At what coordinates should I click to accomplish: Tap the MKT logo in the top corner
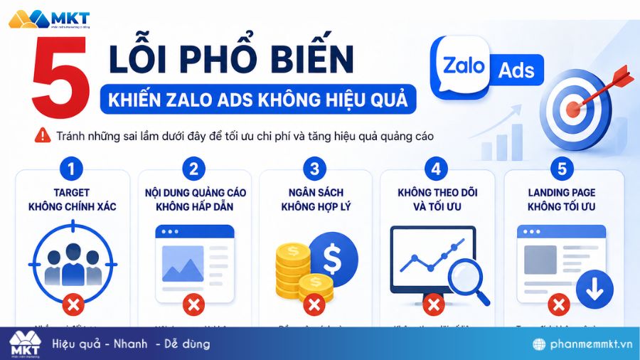[x=44, y=19]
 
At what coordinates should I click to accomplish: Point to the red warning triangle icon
[x=43, y=134]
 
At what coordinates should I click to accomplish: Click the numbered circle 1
[x=72, y=169]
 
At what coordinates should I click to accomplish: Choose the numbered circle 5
[x=562, y=169]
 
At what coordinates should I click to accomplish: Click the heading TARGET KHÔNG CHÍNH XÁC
[x=72, y=199]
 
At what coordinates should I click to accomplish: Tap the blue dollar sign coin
[x=333, y=257]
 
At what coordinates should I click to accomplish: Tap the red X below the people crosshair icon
[x=73, y=305]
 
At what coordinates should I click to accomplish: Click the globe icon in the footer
[x=540, y=344]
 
